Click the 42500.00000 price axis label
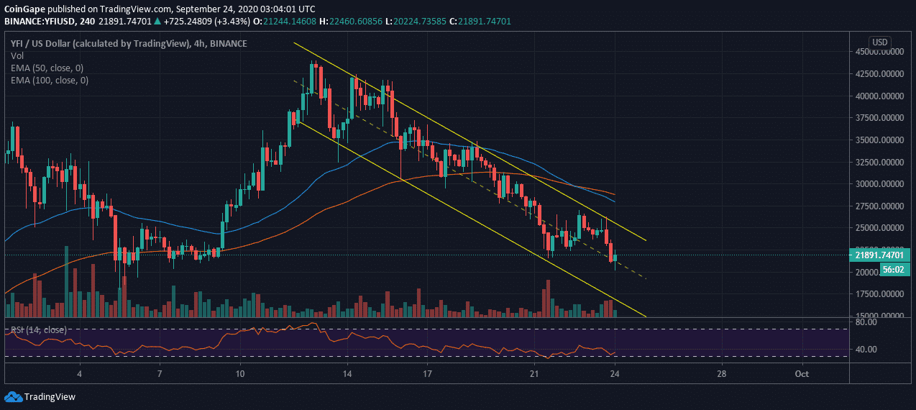[x=878, y=73]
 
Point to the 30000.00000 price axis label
[x=878, y=183]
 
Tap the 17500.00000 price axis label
[x=878, y=293]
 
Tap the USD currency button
[x=880, y=41]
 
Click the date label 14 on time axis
[x=347, y=374]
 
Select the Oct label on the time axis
[x=802, y=374]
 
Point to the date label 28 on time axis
[x=722, y=374]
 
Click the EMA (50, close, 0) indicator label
[x=47, y=68]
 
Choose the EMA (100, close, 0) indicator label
[x=49, y=80]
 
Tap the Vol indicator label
[x=17, y=55]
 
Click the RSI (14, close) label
[x=39, y=329]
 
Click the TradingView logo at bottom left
[x=40, y=396]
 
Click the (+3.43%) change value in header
[x=219, y=21]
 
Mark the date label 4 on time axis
[x=80, y=374]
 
